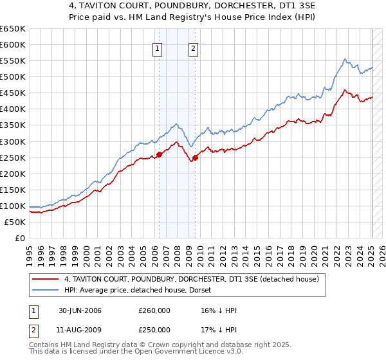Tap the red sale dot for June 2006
pos(159,154)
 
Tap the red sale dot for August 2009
pos(195,157)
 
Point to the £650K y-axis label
pos(14,29)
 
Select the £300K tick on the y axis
pos(14,141)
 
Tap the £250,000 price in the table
pos(154,330)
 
